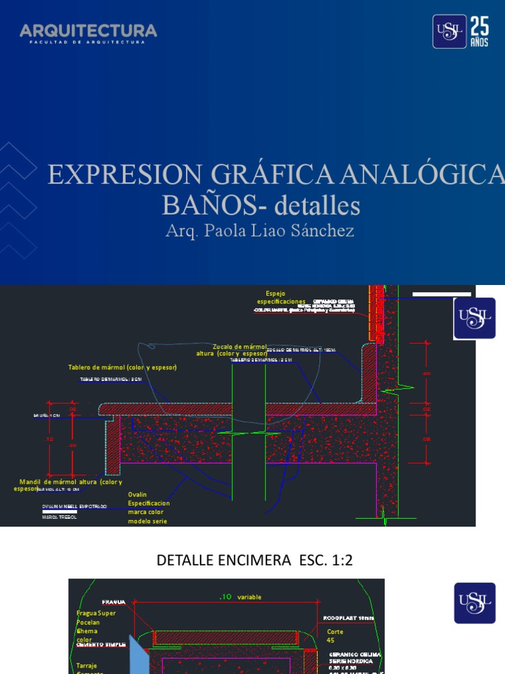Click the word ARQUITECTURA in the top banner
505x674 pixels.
click(88, 30)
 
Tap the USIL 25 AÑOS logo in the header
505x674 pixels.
click(460, 32)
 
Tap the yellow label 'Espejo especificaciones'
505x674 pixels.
click(281, 298)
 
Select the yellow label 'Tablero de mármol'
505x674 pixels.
click(122, 367)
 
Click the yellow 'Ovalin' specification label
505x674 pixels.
click(148, 507)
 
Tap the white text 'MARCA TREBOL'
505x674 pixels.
click(59, 517)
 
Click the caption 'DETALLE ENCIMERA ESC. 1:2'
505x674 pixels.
click(254, 560)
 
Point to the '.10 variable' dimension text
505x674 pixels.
click(240, 597)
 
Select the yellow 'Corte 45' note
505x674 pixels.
click(335, 636)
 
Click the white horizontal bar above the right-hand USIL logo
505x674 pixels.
click(441, 294)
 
